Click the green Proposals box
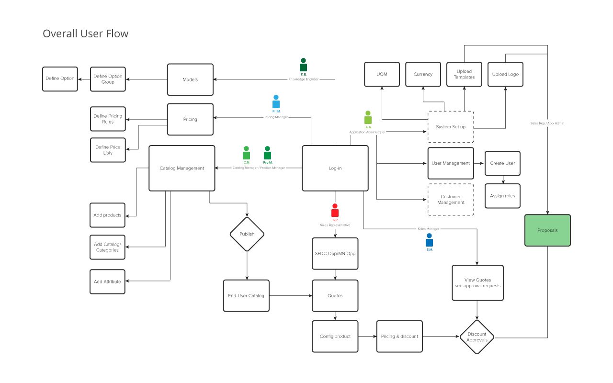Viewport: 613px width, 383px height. pyautogui.click(x=547, y=230)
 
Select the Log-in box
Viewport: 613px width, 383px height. pyautogui.click(x=335, y=168)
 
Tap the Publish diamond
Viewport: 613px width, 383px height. pyautogui.click(x=247, y=234)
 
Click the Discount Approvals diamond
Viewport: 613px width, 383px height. pyautogui.click(x=477, y=337)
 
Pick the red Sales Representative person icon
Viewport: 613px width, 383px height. pyautogui.click(x=335, y=211)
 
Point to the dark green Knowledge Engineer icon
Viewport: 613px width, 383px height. pyautogui.click(x=303, y=65)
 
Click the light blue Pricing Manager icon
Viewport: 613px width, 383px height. pyautogui.click(x=276, y=102)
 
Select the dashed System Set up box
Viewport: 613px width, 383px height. pyautogui.click(x=451, y=127)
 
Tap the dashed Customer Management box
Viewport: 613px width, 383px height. pyautogui.click(x=451, y=200)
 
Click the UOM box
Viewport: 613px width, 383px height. pyautogui.click(x=382, y=74)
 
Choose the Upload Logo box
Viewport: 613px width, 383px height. pyautogui.click(x=505, y=74)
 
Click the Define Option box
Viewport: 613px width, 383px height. pyautogui.click(x=60, y=79)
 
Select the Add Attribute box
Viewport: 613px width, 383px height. pyautogui.click(x=107, y=282)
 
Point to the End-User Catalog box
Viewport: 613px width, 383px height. pyautogui.click(x=246, y=296)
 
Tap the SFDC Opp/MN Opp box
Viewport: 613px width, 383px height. pyautogui.click(x=335, y=253)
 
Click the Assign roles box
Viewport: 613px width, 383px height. pyautogui.click(x=502, y=196)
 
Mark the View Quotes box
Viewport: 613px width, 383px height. pyautogui.click(x=477, y=283)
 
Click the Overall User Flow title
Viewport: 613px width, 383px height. pyautogui.click(x=86, y=34)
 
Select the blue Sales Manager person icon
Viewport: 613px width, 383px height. pyautogui.click(x=429, y=240)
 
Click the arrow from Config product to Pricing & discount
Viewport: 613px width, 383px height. pyautogui.click(x=367, y=337)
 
